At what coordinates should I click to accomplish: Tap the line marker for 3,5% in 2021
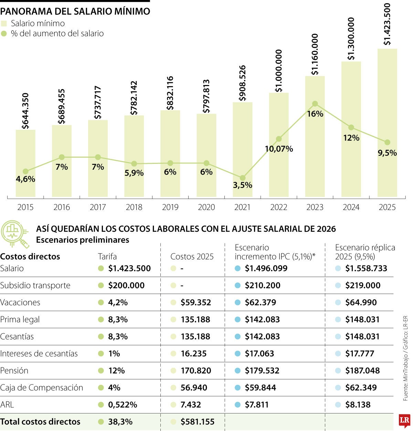coord(243,178)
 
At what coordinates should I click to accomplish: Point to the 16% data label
coord(315,114)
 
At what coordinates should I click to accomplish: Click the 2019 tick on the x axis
coord(170,207)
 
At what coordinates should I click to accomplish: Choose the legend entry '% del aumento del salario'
coord(57,34)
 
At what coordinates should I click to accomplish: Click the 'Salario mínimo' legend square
coord(4,24)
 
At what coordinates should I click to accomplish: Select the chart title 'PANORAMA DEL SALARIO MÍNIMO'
coord(75,11)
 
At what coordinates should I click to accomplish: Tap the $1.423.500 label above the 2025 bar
coord(387,24)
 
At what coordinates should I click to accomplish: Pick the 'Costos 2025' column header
coord(192,256)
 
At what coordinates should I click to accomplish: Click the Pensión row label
coord(14,371)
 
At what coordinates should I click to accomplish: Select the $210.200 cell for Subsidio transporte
coord(263,285)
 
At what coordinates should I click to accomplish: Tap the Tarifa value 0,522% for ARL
coord(123,405)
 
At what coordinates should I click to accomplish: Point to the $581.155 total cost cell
coord(197,422)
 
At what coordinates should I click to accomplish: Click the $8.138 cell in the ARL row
coord(358,405)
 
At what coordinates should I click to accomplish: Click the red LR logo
coord(404,420)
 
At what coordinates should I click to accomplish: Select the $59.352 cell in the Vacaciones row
coord(195,303)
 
